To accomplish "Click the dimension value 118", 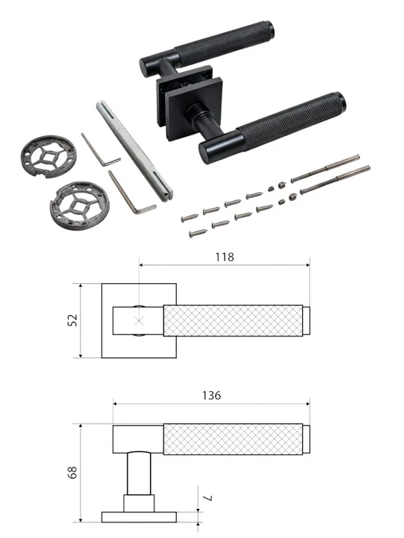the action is [x=225, y=257].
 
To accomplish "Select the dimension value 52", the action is [x=73, y=320].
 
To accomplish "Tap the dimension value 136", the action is [x=211, y=396].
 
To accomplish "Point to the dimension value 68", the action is [x=73, y=472].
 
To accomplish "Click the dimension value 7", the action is [x=207, y=498].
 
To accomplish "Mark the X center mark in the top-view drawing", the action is [x=139, y=321].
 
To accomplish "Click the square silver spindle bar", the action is [x=134, y=151].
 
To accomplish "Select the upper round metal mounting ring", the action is [x=48, y=156].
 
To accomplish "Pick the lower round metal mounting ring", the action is [x=80, y=206].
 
